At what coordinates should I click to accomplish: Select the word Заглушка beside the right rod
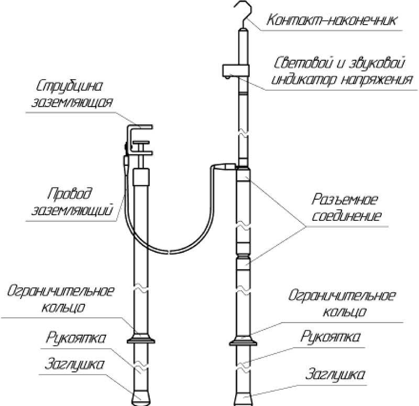coord(335,376)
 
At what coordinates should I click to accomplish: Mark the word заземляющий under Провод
coord(75,211)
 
